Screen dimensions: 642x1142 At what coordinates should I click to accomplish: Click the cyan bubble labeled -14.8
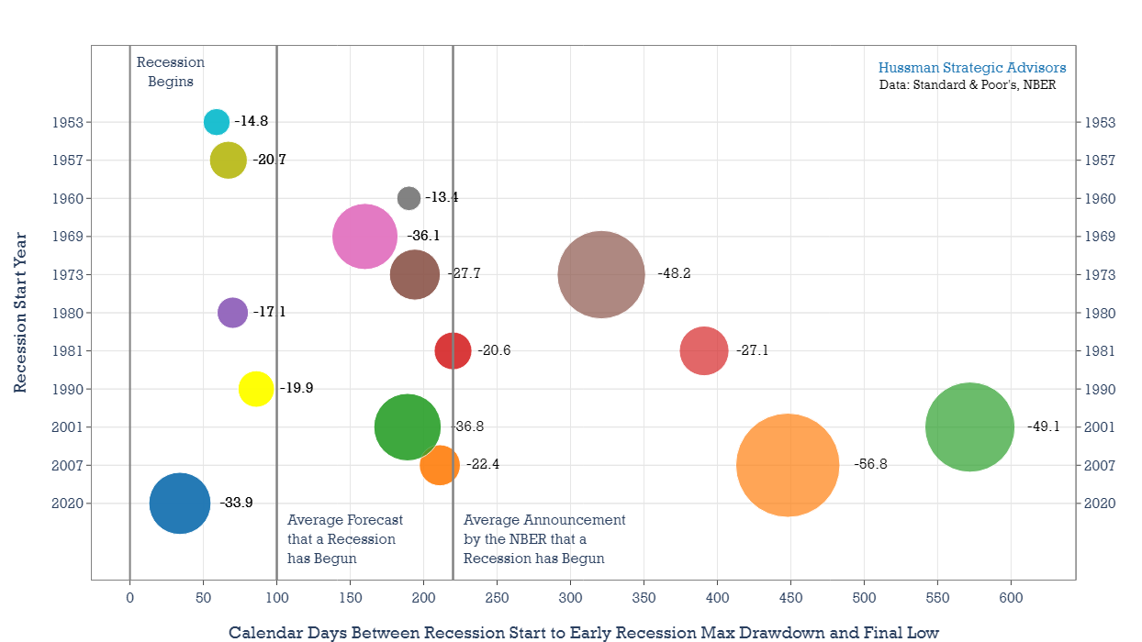[216, 121]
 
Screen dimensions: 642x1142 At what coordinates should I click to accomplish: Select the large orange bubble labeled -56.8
[788, 465]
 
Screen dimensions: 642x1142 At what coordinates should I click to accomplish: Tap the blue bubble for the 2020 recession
[180, 503]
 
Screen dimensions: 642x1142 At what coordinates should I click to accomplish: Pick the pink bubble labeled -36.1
[364, 236]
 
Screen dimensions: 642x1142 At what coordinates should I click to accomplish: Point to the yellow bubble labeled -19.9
[256, 388]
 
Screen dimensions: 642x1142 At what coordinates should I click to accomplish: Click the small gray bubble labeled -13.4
[409, 197]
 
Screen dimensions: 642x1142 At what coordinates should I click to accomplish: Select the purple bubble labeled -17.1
[232, 312]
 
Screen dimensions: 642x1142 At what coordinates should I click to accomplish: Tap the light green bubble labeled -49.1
[969, 426]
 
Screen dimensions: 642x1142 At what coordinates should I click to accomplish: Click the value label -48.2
[674, 274]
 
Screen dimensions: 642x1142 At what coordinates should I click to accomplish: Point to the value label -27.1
[751, 350]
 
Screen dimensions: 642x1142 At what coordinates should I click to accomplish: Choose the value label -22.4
[482, 465]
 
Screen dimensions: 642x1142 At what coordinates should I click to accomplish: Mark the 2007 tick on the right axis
[1100, 465]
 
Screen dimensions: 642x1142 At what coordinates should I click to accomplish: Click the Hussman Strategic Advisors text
[972, 68]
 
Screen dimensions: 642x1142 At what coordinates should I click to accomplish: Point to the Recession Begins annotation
[171, 72]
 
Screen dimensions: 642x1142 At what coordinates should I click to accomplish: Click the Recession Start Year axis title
[20, 312]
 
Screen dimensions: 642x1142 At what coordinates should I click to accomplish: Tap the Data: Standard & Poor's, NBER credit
[968, 85]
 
